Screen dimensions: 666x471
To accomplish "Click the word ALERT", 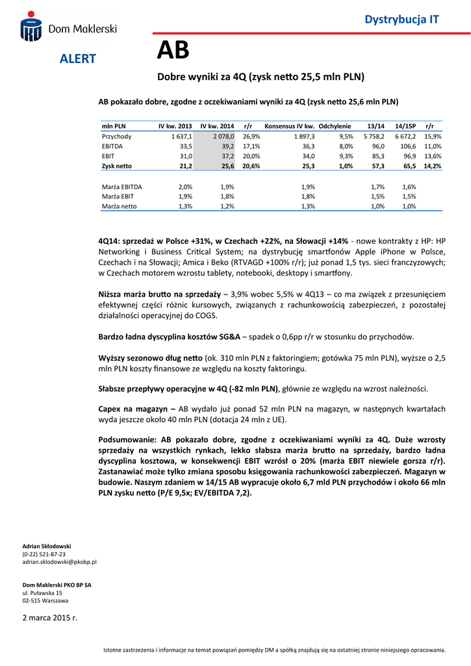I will pyautogui.click(x=78, y=59).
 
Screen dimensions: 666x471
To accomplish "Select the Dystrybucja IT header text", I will pyautogui.click(x=401, y=20).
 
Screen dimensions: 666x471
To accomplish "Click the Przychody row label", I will pyautogui.click(x=116, y=137).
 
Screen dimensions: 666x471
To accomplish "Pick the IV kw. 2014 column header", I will pyautogui.click(x=217, y=126).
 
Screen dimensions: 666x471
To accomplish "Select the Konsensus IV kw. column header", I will pyautogui.click(x=290, y=126).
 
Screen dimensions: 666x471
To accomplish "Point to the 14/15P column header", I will pyautogui.click(x=405, y=126).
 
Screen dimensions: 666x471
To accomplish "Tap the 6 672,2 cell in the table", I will pyautogui.click(x=405, y=137).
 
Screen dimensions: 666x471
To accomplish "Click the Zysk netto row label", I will pyautogui.click(x=117, y=166).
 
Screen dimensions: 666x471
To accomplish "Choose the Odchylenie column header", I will pyautogui.click(x=335, y=126).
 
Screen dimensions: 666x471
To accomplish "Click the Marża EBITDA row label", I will pyautogui.click(x=122, y=187).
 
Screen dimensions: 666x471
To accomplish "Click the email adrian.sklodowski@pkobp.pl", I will pyautogui.click(x=60, y=561).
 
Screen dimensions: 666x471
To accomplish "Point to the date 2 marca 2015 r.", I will pyautogui.click(x=50, y=617).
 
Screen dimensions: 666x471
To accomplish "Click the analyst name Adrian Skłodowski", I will pyautogui.click(x=47, y=546).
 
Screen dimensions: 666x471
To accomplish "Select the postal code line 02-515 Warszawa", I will pyautogui.click(x=45, y=600).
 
